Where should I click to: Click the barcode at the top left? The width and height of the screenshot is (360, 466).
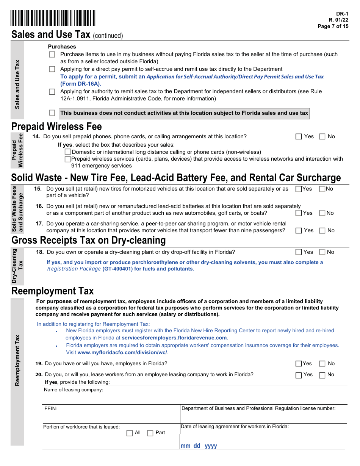53,18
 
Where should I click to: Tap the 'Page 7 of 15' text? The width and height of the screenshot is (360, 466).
333,26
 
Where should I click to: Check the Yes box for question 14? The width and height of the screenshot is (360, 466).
299,137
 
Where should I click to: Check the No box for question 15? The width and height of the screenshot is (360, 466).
322,189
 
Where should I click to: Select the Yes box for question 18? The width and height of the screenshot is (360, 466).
299,252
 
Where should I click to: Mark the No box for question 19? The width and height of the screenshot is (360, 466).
322,364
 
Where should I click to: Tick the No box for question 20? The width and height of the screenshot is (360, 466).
322,375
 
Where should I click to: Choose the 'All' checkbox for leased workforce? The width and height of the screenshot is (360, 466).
130,433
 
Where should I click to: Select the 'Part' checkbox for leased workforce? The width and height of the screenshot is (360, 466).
150,433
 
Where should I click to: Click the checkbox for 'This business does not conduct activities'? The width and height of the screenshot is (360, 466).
52,113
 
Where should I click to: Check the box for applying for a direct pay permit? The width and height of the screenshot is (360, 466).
52,69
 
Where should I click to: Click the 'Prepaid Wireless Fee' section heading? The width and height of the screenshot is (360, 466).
56,126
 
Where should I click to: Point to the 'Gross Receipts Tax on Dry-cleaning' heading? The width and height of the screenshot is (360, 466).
89,240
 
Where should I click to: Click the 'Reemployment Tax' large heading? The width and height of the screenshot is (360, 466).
53,291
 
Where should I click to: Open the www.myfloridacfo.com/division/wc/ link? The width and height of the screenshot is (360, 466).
122,352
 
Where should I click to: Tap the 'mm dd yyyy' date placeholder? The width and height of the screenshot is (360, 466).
199,446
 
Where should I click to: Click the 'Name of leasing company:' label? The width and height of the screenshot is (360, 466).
73,390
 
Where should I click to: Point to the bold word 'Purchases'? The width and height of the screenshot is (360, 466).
62,47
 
